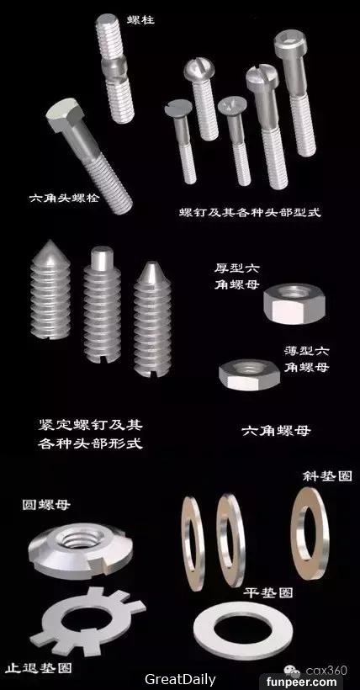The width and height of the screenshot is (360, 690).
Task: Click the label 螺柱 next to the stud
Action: pyautogui.click(x=140, y=19)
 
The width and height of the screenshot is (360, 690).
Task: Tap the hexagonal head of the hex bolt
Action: pyautogui.click(x=65, y=114)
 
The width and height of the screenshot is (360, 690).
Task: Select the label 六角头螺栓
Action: pyautogui.click(x=65, y=198)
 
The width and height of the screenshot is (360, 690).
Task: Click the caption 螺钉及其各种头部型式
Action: pyautogui.click(x=251, y=213)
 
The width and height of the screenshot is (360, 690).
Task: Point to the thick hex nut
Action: pyautogui.click(x=294, y=304)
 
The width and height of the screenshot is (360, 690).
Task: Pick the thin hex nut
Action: pyautogui.click(x=250, y=375)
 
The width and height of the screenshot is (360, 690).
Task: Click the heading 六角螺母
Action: pyautogui.click(x=277, y=430)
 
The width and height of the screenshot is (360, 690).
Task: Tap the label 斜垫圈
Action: pyautogui.click(x=328, y=476)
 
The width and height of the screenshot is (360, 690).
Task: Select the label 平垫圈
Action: pyautogui.click(x=268, y=592)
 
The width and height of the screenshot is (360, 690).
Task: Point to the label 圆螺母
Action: pyautogui.click(x=46, y=505)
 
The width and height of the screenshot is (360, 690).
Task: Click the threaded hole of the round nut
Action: pyautogui.click(x=79, y=539)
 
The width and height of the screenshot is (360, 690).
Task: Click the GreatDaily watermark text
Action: pyautogui.click(x=181, y=680)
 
